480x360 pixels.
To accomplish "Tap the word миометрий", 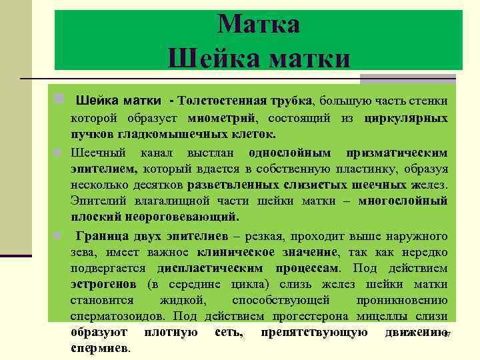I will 231,118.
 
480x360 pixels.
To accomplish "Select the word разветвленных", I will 229,184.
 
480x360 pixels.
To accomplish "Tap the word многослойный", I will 403,201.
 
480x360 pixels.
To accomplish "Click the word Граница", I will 102,236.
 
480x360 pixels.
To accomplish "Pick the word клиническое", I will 236,253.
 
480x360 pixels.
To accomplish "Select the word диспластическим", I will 208,269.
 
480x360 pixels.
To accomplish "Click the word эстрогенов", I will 103,285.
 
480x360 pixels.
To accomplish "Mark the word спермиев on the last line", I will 100,348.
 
